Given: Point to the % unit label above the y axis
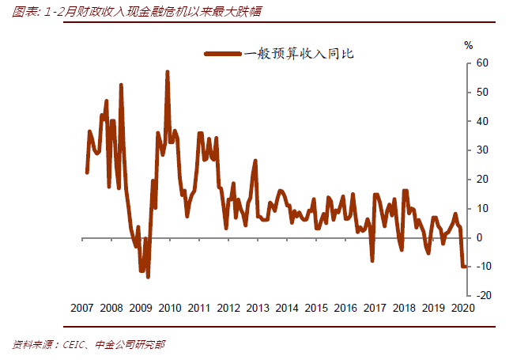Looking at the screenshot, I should point(468,45).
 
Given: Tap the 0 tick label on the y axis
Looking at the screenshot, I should point(477,237).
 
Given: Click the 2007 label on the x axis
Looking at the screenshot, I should point(82,308).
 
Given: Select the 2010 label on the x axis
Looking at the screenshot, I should point(169,308).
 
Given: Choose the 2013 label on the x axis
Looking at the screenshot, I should point(257,308).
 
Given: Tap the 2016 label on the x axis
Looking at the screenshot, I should point(345,308).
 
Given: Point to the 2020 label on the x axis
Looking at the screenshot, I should point(461,308).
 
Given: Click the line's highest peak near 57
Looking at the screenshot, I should point(168,72).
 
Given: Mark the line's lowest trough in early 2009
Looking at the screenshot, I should point(148,276).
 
